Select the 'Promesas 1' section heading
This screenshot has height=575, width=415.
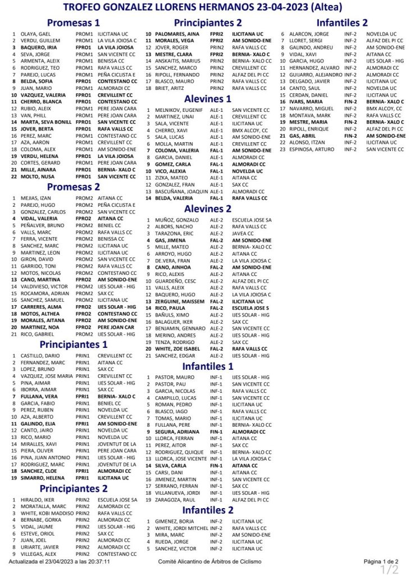coord(74,22)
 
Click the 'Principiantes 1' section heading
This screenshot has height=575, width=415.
coord(74,345)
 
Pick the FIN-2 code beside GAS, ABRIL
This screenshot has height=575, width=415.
coord(351,135)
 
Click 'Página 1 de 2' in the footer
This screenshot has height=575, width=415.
coord(381,561)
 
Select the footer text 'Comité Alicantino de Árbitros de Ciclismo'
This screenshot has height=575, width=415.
coord(209,561)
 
